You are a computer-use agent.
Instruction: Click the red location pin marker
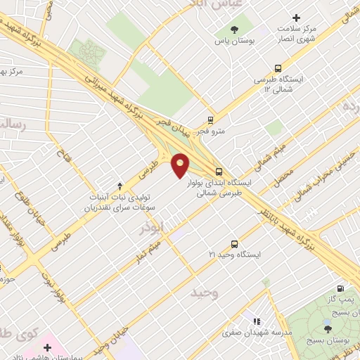coord(181,165)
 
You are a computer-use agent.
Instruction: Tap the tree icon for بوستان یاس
coord(234,30)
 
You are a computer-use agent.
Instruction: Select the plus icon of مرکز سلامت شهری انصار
coord(296,18)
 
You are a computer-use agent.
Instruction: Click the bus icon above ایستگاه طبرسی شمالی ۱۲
coord(278,69)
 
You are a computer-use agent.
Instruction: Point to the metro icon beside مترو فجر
coord(210,120)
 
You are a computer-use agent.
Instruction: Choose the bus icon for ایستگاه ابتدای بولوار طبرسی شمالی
coord(219,172)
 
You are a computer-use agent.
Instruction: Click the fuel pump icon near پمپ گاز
coord(341,288)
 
